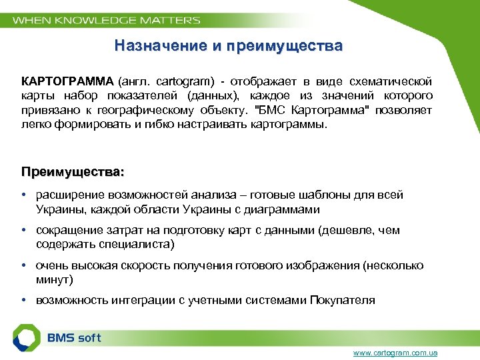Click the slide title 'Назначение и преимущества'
pyautogui.click(x=228, y=46)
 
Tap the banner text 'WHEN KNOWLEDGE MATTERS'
pyautogui.click(x=107, y=20)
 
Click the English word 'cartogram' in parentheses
pyautogui.click(x=185, y=81)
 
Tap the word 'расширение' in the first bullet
pyautogui.click(x=67, y=195)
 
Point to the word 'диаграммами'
pyautogui.click(x=284, y=209)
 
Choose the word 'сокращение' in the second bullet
pyautogui.click(x=67, y=231)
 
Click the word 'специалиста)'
pyautogui.click(x=141, y=245)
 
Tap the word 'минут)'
pyautogui.click(x=55, y=280)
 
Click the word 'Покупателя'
pyautogui.click(x=343, y=301)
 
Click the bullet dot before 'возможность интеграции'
pyautogui.click(x=23, y=301)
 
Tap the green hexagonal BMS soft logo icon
pyautogui.click(x=27, y=337)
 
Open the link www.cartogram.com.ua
pyautogui.click(x=395, y=353)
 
